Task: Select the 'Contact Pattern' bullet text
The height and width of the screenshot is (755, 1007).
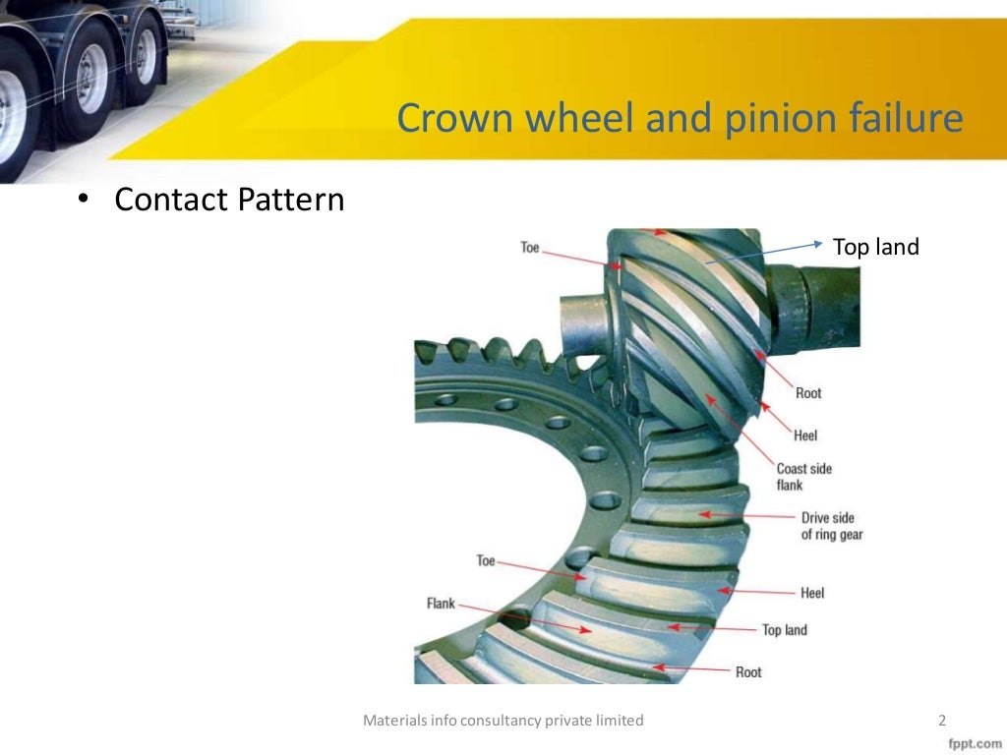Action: point(229,200)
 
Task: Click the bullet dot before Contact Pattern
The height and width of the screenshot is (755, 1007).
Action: point(84,200)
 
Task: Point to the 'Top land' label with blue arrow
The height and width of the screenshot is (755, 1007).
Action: point(875,247)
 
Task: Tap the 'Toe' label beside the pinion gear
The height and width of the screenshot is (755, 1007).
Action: point(529,248)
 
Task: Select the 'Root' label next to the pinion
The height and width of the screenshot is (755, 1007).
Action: point(808,393)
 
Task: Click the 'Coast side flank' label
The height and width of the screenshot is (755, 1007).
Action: point(803,477)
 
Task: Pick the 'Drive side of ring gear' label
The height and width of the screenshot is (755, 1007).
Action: point(831,526)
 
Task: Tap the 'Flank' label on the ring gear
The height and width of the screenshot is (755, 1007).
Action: point(441,603)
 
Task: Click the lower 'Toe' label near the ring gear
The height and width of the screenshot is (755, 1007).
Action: point(486,560)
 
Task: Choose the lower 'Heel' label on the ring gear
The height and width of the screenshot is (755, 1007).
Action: point(811,593)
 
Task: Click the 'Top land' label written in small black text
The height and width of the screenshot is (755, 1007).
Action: point(784,629)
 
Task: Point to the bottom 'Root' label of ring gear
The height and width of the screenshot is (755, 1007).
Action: point(747,672)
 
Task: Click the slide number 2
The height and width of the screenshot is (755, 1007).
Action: point(942,721)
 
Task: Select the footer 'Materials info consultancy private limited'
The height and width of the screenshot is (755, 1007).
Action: point(503,721)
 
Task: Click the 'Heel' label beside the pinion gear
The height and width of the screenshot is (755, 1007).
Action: point(804,436)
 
